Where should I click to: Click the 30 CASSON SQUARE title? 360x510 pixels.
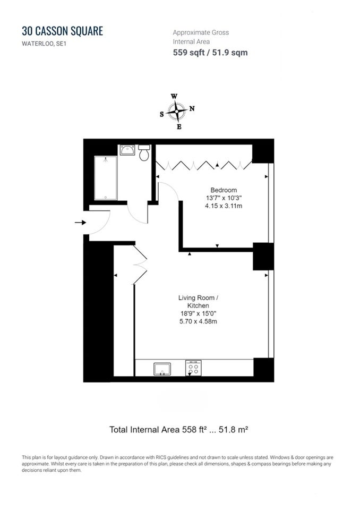coord(63,31)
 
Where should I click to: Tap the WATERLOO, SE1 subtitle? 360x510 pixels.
coord(44,44)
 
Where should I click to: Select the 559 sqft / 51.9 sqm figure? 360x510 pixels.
coord(210,53)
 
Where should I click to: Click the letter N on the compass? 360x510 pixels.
coord(192,108)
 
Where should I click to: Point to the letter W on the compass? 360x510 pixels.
coord(174,96)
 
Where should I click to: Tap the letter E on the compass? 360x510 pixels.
coord(179,127)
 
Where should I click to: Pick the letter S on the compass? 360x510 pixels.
coord(161,114)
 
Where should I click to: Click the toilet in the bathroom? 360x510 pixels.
coord(144,153)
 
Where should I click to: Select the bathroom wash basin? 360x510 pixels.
coord(127,150)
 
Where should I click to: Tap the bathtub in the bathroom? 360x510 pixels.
coord(105,178)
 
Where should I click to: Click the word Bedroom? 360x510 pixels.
coord(224,190)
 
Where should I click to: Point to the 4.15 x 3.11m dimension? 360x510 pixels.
coord(224,206)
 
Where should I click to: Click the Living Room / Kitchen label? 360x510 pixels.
coord(198,302)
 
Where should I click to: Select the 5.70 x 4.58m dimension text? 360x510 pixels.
coord(198,321)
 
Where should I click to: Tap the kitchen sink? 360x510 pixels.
coord(162,369)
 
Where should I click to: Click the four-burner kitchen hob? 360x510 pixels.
coord(193,368)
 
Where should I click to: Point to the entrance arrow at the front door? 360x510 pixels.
coord(80,223)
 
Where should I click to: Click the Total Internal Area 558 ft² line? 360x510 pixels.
coord(179,430)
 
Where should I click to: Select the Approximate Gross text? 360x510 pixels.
coord(201,32)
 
